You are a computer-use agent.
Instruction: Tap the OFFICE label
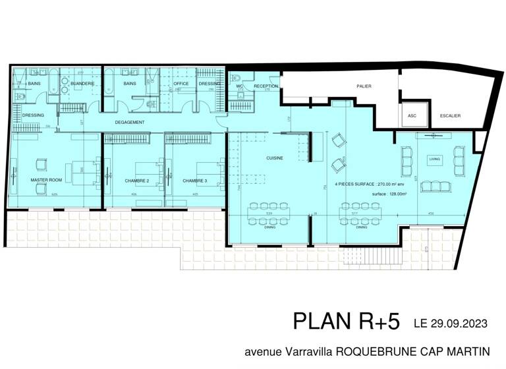181,84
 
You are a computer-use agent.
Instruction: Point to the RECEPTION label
266,86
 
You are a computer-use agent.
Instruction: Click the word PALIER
364,86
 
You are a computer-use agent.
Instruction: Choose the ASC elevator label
413,115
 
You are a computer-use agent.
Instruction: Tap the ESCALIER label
450,115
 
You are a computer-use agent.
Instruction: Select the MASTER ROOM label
46,180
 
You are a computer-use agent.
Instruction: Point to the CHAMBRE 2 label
137,180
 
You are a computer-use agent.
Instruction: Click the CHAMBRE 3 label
195,180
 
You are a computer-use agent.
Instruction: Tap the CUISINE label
275,158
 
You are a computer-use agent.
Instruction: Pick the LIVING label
434,158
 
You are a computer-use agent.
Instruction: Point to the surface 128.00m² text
388,194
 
